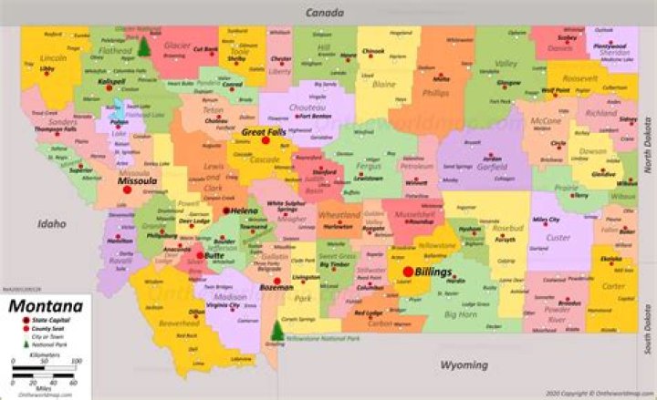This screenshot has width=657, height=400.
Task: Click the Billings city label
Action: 433,272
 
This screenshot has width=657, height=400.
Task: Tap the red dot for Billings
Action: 407,271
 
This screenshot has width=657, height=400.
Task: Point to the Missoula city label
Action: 138,181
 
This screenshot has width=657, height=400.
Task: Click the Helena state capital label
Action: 244,211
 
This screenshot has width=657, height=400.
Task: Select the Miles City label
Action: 546,220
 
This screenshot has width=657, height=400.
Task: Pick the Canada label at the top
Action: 324,14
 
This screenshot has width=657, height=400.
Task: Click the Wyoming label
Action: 464,364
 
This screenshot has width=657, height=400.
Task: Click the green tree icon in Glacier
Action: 144,46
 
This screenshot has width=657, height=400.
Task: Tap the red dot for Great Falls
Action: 266,140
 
